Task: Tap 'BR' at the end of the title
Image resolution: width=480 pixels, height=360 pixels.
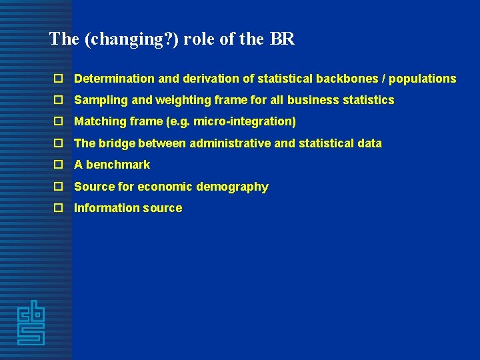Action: click(282, 39)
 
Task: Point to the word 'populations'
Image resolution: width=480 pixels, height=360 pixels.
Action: click(423, 79)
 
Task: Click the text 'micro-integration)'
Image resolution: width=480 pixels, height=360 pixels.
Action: click(245, 121)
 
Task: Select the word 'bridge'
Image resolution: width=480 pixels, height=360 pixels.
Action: click(117, 143)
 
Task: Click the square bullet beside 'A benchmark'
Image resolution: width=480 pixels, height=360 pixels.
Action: click(59, 165)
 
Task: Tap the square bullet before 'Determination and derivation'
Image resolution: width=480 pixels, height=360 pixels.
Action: click(59, 79)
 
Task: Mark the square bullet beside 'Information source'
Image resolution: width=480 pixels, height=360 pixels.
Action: click(59, 208)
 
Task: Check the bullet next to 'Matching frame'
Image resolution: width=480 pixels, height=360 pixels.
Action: click(59, 121)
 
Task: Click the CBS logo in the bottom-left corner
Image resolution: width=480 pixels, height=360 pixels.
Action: click(31, 323)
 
